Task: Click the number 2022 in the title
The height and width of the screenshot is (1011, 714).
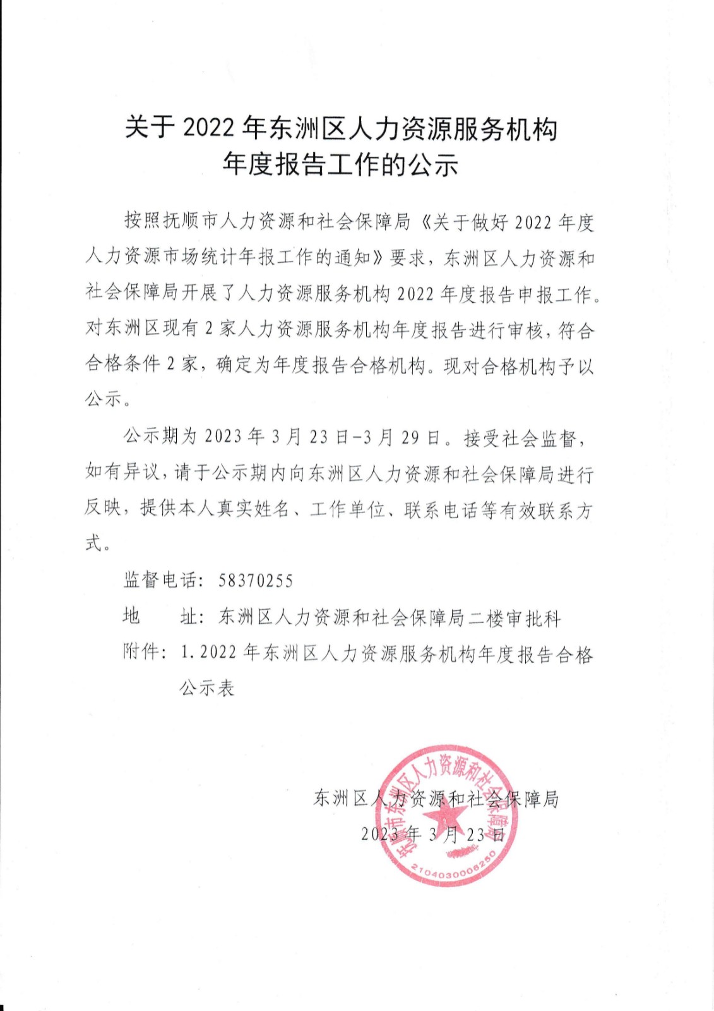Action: (208, 128)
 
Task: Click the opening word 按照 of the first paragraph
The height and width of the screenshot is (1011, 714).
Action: (143, 221)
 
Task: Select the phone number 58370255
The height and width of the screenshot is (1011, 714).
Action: (256, 581)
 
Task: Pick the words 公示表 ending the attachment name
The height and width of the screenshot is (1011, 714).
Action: (207, 687)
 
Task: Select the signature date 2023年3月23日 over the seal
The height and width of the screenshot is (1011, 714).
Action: (433, 834)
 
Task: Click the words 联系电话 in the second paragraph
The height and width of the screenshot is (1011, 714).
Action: (441, 510)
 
